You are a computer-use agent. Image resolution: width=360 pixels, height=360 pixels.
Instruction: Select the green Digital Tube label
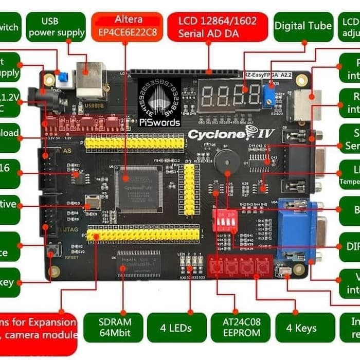pos(303,26)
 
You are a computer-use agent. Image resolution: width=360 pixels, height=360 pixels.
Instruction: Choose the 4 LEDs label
pos(176,328)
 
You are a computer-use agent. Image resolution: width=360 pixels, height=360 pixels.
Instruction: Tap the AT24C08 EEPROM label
pos(240,328)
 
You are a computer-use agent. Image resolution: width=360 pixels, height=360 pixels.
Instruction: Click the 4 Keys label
pos(301,328)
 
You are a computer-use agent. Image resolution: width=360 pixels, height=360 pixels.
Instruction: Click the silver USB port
pos(91,80)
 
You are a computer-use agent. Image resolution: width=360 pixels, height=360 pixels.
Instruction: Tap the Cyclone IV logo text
pos(231,135)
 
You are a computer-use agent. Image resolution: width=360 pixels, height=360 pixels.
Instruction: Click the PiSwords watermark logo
pos(159,102)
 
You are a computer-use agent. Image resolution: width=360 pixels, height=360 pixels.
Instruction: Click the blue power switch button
pos(63,78)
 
